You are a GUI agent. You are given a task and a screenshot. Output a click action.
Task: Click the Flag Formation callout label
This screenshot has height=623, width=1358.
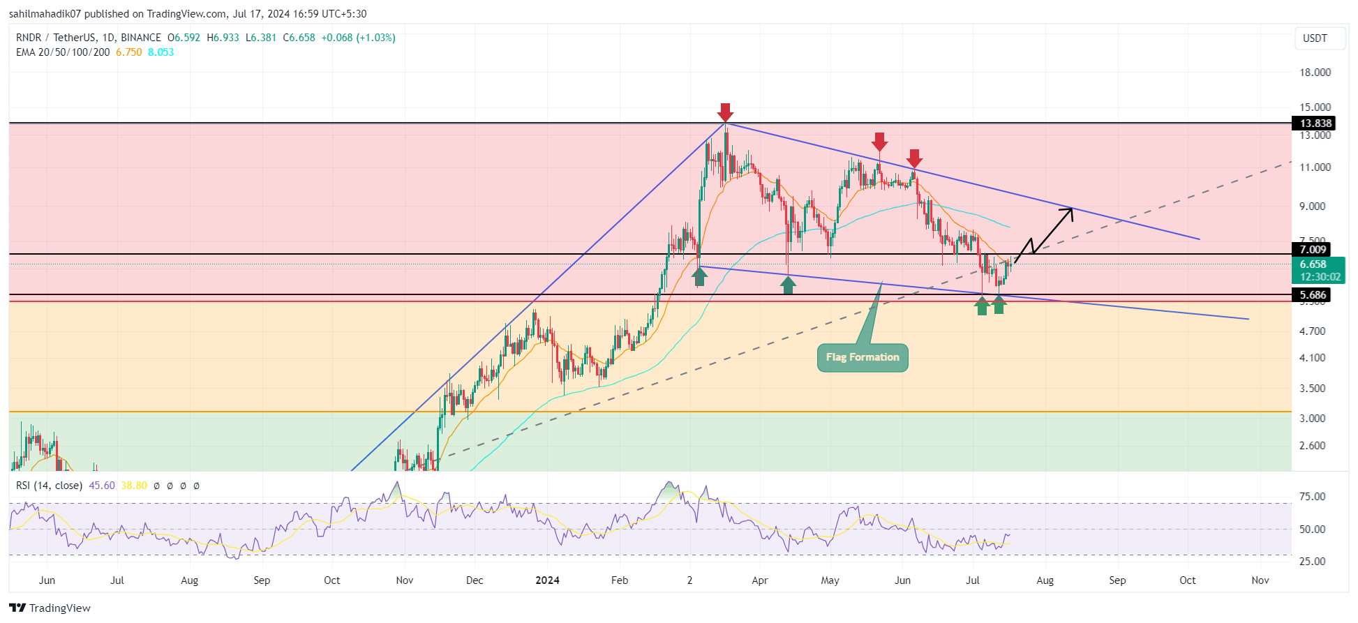pos(863,357)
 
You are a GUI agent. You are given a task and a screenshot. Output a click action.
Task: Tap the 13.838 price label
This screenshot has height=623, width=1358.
pos(1315,123)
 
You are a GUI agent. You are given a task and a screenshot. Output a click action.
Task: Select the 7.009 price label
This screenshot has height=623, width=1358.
pos(1313,250)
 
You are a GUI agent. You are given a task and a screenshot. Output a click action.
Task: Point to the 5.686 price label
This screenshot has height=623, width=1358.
pos(1313,295)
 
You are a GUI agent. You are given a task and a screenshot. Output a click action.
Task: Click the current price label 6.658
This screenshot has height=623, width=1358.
pos(1313,264)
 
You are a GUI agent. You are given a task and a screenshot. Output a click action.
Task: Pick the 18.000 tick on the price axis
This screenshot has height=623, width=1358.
pos(1315,73)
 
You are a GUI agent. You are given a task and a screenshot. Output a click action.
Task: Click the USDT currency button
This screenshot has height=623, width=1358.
pos(1315,38)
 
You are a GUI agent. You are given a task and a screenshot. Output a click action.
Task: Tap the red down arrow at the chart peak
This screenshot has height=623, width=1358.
pos(726,112)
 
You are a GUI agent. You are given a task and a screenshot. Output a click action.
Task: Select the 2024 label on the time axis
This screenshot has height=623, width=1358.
pos(547,580)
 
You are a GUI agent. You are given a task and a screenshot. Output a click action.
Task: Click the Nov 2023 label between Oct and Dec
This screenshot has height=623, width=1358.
pos(404,580)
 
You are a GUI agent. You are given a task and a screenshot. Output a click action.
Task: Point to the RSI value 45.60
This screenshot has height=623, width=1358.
pos(102,486)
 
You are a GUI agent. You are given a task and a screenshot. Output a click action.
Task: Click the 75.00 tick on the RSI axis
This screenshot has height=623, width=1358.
pos(1312,497)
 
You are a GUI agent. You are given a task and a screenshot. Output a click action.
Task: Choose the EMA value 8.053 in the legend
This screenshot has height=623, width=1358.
pos(161,52)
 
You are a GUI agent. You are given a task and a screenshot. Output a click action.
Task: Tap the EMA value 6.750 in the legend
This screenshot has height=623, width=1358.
pos(129,52)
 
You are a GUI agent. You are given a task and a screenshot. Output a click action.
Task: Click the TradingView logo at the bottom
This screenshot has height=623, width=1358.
pos(50,608)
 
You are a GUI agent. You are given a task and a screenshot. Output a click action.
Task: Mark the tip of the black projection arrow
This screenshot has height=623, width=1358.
pos(1072,209)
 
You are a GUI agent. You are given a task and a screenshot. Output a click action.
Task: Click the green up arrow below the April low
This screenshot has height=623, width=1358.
pos(788,285)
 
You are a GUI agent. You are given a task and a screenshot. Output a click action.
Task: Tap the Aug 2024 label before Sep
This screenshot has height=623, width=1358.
pos(1045,580)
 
